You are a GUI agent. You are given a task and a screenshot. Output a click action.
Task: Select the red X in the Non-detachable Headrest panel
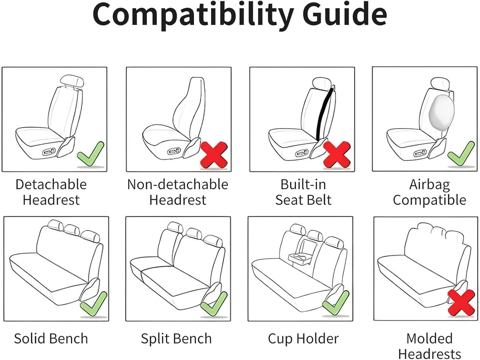(214, 155)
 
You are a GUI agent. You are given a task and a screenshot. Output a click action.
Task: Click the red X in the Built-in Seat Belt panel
(337, 155)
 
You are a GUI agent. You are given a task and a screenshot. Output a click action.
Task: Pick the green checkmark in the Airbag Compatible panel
(461, 155)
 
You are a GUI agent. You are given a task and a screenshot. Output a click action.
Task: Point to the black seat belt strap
(324, 113)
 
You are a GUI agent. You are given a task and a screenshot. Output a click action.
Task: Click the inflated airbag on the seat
(442, 111)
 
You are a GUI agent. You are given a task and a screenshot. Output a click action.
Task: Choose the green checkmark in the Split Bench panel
(214, 304)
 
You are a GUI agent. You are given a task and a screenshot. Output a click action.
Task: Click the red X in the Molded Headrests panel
(461, 303)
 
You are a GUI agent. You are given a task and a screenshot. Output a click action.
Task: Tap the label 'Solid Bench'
(51, 338)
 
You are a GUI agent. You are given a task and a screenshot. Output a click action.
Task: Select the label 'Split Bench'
(176, 338)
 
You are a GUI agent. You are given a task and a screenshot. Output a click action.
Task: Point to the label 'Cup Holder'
(303, 338)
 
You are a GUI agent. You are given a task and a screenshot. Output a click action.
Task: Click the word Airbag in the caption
(430, 185)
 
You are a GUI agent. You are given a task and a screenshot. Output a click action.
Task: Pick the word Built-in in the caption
(303, 184)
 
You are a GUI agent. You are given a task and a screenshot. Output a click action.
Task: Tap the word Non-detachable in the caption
(178, 184)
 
